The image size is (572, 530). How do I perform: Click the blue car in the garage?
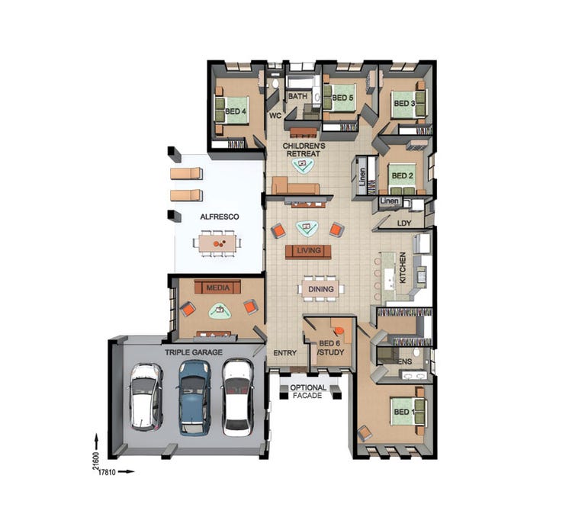tap(194, 397)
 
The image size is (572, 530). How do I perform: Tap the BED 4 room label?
tap(236, 111)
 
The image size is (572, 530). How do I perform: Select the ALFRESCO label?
tap(220, 217)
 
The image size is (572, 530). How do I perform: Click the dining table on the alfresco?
tap(217, 243)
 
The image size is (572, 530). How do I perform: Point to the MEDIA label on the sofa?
tap(218, 287)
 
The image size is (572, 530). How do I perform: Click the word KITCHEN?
tap(403, 268)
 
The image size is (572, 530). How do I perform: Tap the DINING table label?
tap(321, 289)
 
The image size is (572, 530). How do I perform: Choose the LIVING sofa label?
tap(309, 251)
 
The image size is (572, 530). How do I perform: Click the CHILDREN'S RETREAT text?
tap(304, 150)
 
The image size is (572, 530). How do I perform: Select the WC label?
tap(275, 116)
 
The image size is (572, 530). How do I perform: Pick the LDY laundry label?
tap(403, 223)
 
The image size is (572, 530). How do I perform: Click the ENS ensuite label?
tap(405, 361)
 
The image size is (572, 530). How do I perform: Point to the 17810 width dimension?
tap(107, 472)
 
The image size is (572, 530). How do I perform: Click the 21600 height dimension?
tap(96, 461)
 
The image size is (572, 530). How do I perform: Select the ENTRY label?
tap(285, 353)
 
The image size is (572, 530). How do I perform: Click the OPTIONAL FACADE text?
tap(308, 391)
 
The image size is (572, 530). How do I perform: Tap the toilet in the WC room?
tap(275, 84)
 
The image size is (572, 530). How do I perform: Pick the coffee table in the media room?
tap(220, 311)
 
